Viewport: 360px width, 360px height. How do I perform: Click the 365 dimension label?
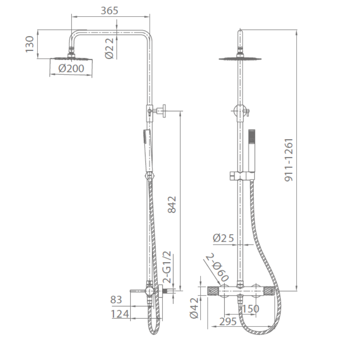pos(109,10)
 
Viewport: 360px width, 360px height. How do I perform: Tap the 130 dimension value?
pos(30,44)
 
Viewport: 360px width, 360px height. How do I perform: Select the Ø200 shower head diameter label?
pos(71,68)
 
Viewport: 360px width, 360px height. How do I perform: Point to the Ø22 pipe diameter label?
pos(109,49)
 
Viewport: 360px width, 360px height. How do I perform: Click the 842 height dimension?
pos(172,204)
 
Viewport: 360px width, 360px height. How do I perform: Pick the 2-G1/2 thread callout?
pos(167,267)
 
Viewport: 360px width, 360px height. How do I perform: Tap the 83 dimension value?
pos(116,300)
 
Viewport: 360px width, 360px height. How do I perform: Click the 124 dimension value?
pos(120,314)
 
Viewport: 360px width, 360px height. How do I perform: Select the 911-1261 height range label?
pos(289,160)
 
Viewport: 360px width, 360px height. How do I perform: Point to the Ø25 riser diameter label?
pos(223,238)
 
